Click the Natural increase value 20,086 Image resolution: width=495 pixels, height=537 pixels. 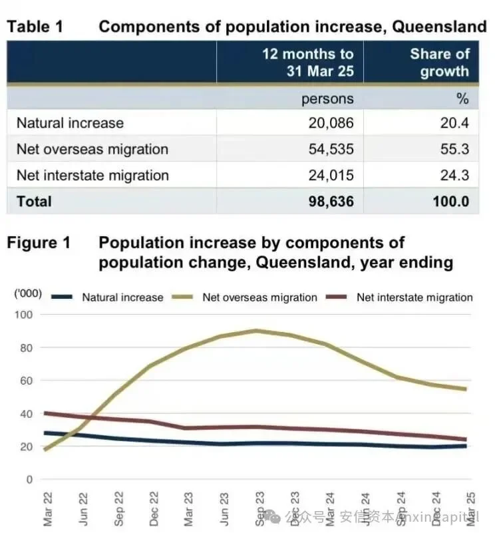coord(327,123)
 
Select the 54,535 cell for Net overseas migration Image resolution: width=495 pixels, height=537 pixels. coord(327,149)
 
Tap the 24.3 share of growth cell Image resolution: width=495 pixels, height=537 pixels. coord(452,175)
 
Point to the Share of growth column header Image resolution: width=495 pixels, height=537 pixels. coord(439,63)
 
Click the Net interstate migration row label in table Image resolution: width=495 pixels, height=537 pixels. coord(92,175)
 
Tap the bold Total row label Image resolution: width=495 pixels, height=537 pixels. coord(34,201)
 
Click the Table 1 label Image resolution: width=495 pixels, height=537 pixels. coord(38,27)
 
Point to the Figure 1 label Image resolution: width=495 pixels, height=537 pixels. coord(39,244)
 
